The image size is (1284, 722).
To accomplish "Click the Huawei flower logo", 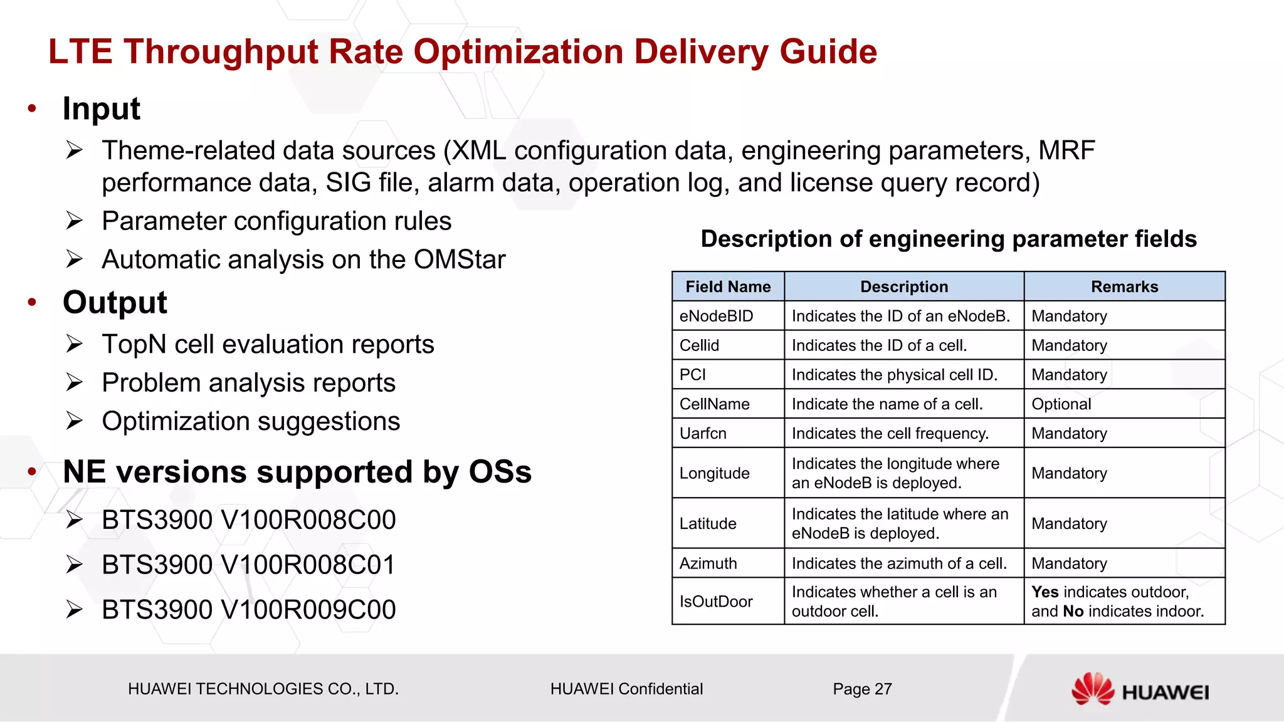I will coord(1092,689).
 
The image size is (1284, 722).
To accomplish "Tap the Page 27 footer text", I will coord(862,689).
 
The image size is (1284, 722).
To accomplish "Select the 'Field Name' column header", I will coord(728,286).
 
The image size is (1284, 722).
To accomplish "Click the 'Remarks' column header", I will coord(1124,286).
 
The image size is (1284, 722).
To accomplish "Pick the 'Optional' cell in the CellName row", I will coord(1061,404).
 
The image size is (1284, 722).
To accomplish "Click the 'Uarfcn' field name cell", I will coord(703,433).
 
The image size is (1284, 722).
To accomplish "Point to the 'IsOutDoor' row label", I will coord(716,602).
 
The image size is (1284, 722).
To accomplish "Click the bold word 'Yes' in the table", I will coord(1045,592).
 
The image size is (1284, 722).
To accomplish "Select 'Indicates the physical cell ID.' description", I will coord(894,375).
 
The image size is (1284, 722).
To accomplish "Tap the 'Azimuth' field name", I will coord(708,563).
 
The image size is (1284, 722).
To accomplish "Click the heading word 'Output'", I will coord(115,303).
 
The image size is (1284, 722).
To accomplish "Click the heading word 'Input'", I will coord(101,108).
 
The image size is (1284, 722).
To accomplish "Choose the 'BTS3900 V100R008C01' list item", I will coord(248,565).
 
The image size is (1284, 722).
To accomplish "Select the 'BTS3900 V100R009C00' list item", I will coord(248,610).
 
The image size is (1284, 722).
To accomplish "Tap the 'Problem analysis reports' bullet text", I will coord(248,383).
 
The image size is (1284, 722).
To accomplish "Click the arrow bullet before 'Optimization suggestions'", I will coord(74,421).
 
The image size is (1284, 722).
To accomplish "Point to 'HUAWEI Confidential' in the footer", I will coord(626,689).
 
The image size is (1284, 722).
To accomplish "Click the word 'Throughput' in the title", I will coord(221,51).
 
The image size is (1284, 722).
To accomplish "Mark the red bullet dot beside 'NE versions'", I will coord(32,472).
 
